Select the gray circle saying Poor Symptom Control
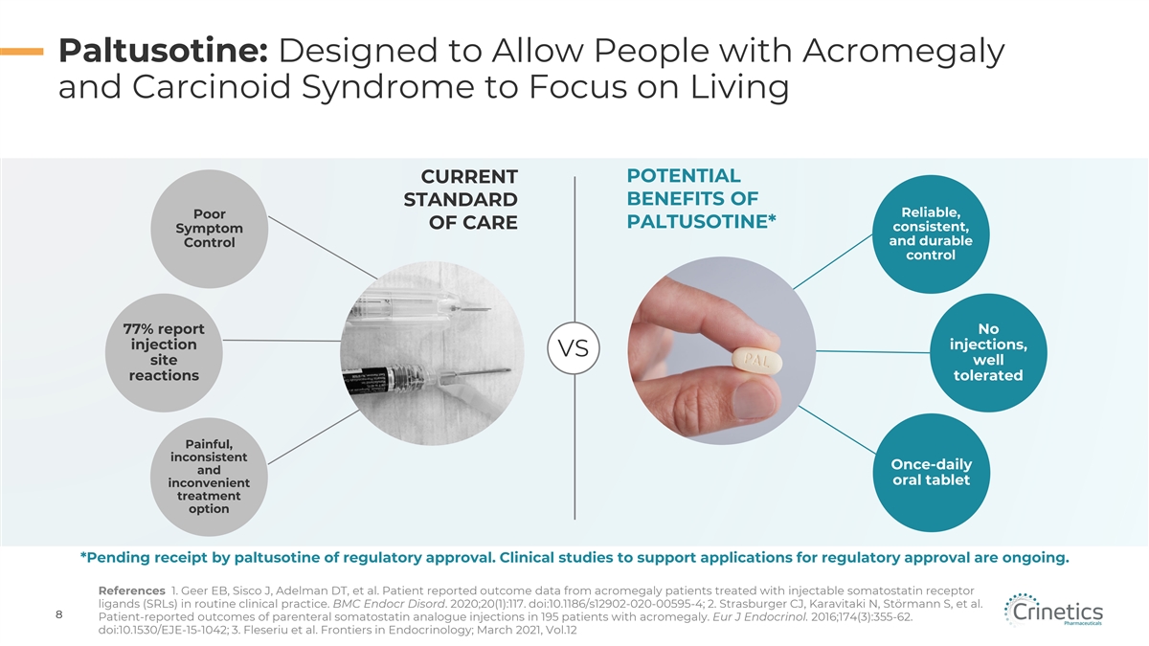(209, 228)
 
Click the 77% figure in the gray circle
(144, 329)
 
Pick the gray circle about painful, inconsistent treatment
(209, 477)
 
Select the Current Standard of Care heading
(460, 200)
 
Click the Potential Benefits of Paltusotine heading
(700, 199)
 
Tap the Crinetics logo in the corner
(1053, 612)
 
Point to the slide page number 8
(59, 615)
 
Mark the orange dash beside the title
(21, 52)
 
